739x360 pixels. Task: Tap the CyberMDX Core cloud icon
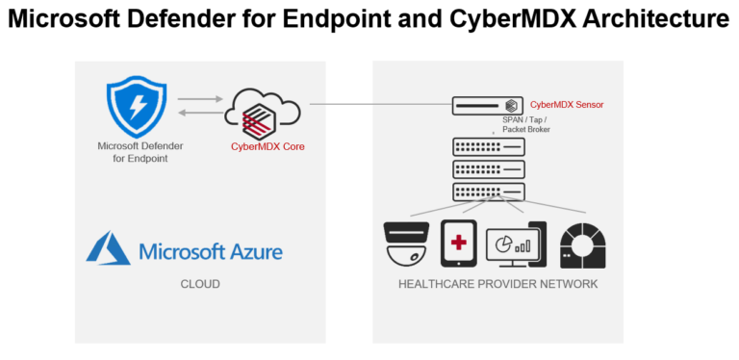tap(260, 116)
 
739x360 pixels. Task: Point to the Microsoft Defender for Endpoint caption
tap(140, 152)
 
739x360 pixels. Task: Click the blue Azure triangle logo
tap(109, 248)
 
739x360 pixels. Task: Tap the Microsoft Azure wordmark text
tap(211, 252)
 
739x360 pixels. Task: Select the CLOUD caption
tap(200, 285)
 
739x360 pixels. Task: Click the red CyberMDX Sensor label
tap(567, 104)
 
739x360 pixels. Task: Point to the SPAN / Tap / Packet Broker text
tap(526, 124)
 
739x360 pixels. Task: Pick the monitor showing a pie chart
tap(516, 244)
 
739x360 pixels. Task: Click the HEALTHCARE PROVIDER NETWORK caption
tap(497, 284)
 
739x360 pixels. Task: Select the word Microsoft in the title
tap(70, 20)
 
